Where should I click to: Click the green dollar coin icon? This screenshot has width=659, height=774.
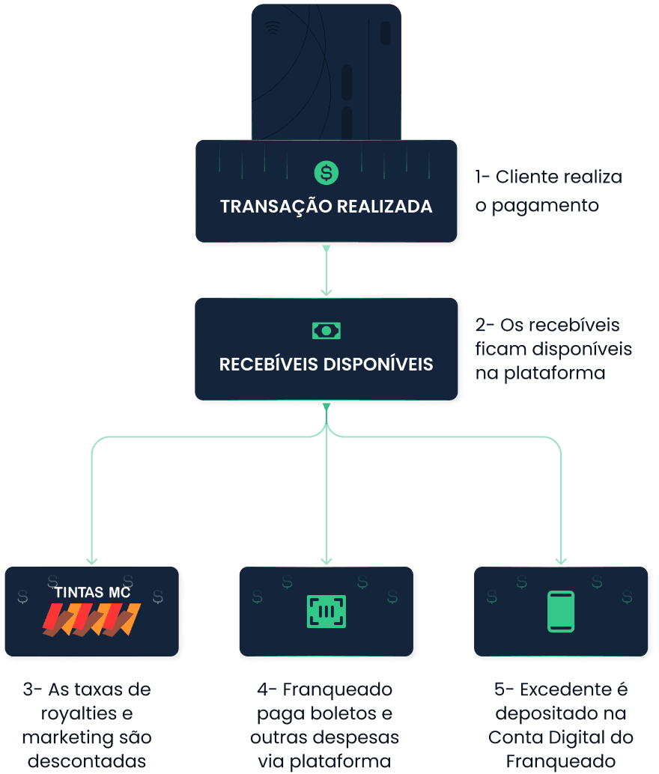[x=326, y=173]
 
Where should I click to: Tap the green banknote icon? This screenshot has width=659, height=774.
[x=326, y=331]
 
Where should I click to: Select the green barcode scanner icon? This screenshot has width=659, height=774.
[x=326, y=612]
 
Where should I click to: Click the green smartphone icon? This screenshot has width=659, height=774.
[x=561, y=612]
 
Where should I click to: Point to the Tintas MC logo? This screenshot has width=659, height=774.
[x=92, y=611]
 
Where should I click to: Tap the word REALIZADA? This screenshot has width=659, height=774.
[x=384, y=207]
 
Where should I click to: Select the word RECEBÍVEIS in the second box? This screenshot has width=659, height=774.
[x=268, y=365]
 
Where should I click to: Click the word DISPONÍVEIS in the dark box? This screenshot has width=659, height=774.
[x=378, y=365]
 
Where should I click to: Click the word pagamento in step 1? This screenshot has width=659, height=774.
[x=545, y=206]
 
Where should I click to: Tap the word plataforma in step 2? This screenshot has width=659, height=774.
[x=554, y=374]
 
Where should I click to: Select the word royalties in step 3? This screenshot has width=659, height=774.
[x=79, y=714]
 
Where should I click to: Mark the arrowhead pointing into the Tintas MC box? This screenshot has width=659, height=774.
[x=92, y=561]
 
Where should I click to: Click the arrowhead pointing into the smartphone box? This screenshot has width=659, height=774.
[x=561, y=561]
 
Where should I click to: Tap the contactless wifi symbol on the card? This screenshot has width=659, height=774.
[x=272, y=28]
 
